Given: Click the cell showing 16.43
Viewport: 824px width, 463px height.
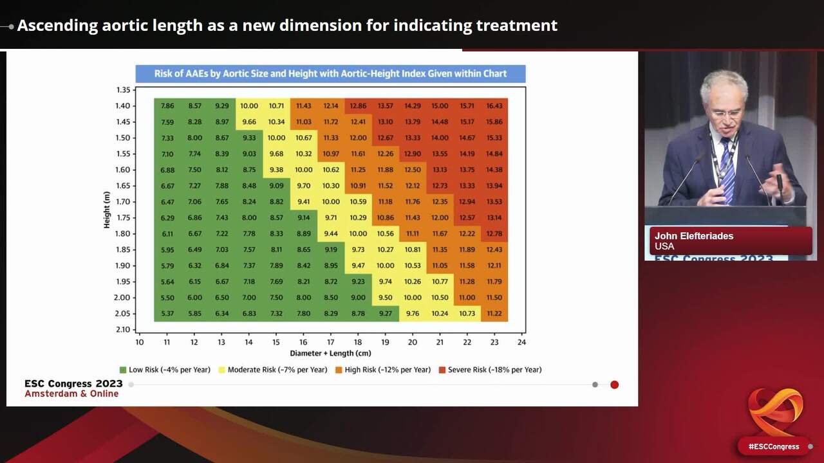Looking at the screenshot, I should [494, 105].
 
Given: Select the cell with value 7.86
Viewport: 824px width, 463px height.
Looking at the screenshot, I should [167, 105].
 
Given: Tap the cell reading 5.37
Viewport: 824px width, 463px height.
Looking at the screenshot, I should [167, 313].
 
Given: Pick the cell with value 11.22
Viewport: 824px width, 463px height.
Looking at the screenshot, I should [494, 313].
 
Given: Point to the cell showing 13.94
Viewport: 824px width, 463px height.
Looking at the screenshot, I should [494, 186].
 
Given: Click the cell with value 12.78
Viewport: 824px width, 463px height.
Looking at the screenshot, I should [494, 233].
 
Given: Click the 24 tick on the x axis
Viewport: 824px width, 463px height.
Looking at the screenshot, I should [521, 342].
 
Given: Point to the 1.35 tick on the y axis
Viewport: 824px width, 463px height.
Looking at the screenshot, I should [122, 90].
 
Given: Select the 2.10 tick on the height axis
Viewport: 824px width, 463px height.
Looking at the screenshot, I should [122, 329].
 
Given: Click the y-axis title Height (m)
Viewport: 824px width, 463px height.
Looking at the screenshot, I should [108, 209].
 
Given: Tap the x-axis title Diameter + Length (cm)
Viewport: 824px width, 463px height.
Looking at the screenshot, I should [330, 353].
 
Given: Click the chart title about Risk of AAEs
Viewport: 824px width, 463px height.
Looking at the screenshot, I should [330, 73].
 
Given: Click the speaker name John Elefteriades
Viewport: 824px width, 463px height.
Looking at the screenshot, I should [694, 236].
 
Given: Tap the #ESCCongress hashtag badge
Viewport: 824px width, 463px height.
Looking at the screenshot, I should [773, 446].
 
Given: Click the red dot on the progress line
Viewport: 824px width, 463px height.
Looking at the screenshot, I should [614, 385].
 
